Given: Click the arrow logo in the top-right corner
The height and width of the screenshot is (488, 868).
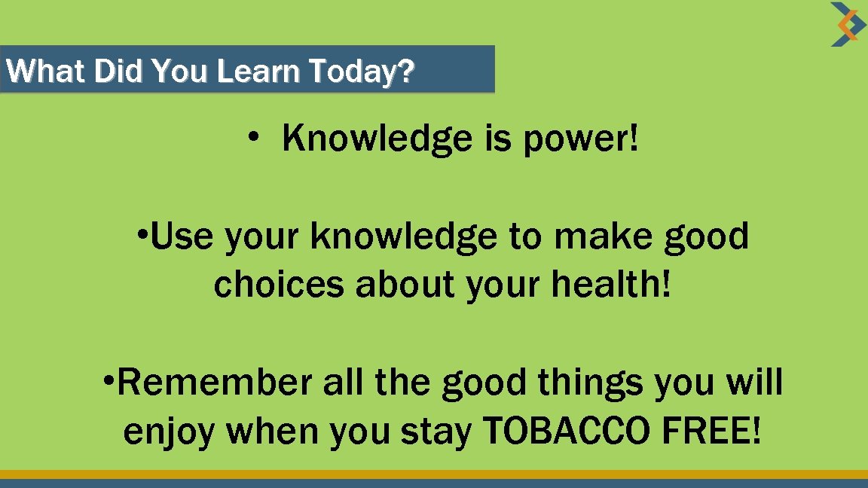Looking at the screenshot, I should pyautogui.click(x=848, y=24).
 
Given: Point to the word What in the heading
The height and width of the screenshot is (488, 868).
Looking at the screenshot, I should pyautogui.click(x=47, y=72).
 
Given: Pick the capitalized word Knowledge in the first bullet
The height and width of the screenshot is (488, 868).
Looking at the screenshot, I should pyautogui.click(x=376, y=139).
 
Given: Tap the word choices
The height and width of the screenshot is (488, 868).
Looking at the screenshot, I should pyautogui.click(x=280, y=285).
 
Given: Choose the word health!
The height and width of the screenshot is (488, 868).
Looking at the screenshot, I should pyautogui.click(x=611, y=285).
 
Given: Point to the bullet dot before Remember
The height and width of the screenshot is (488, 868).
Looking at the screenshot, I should pyautogui.click(x=108, y=380).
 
